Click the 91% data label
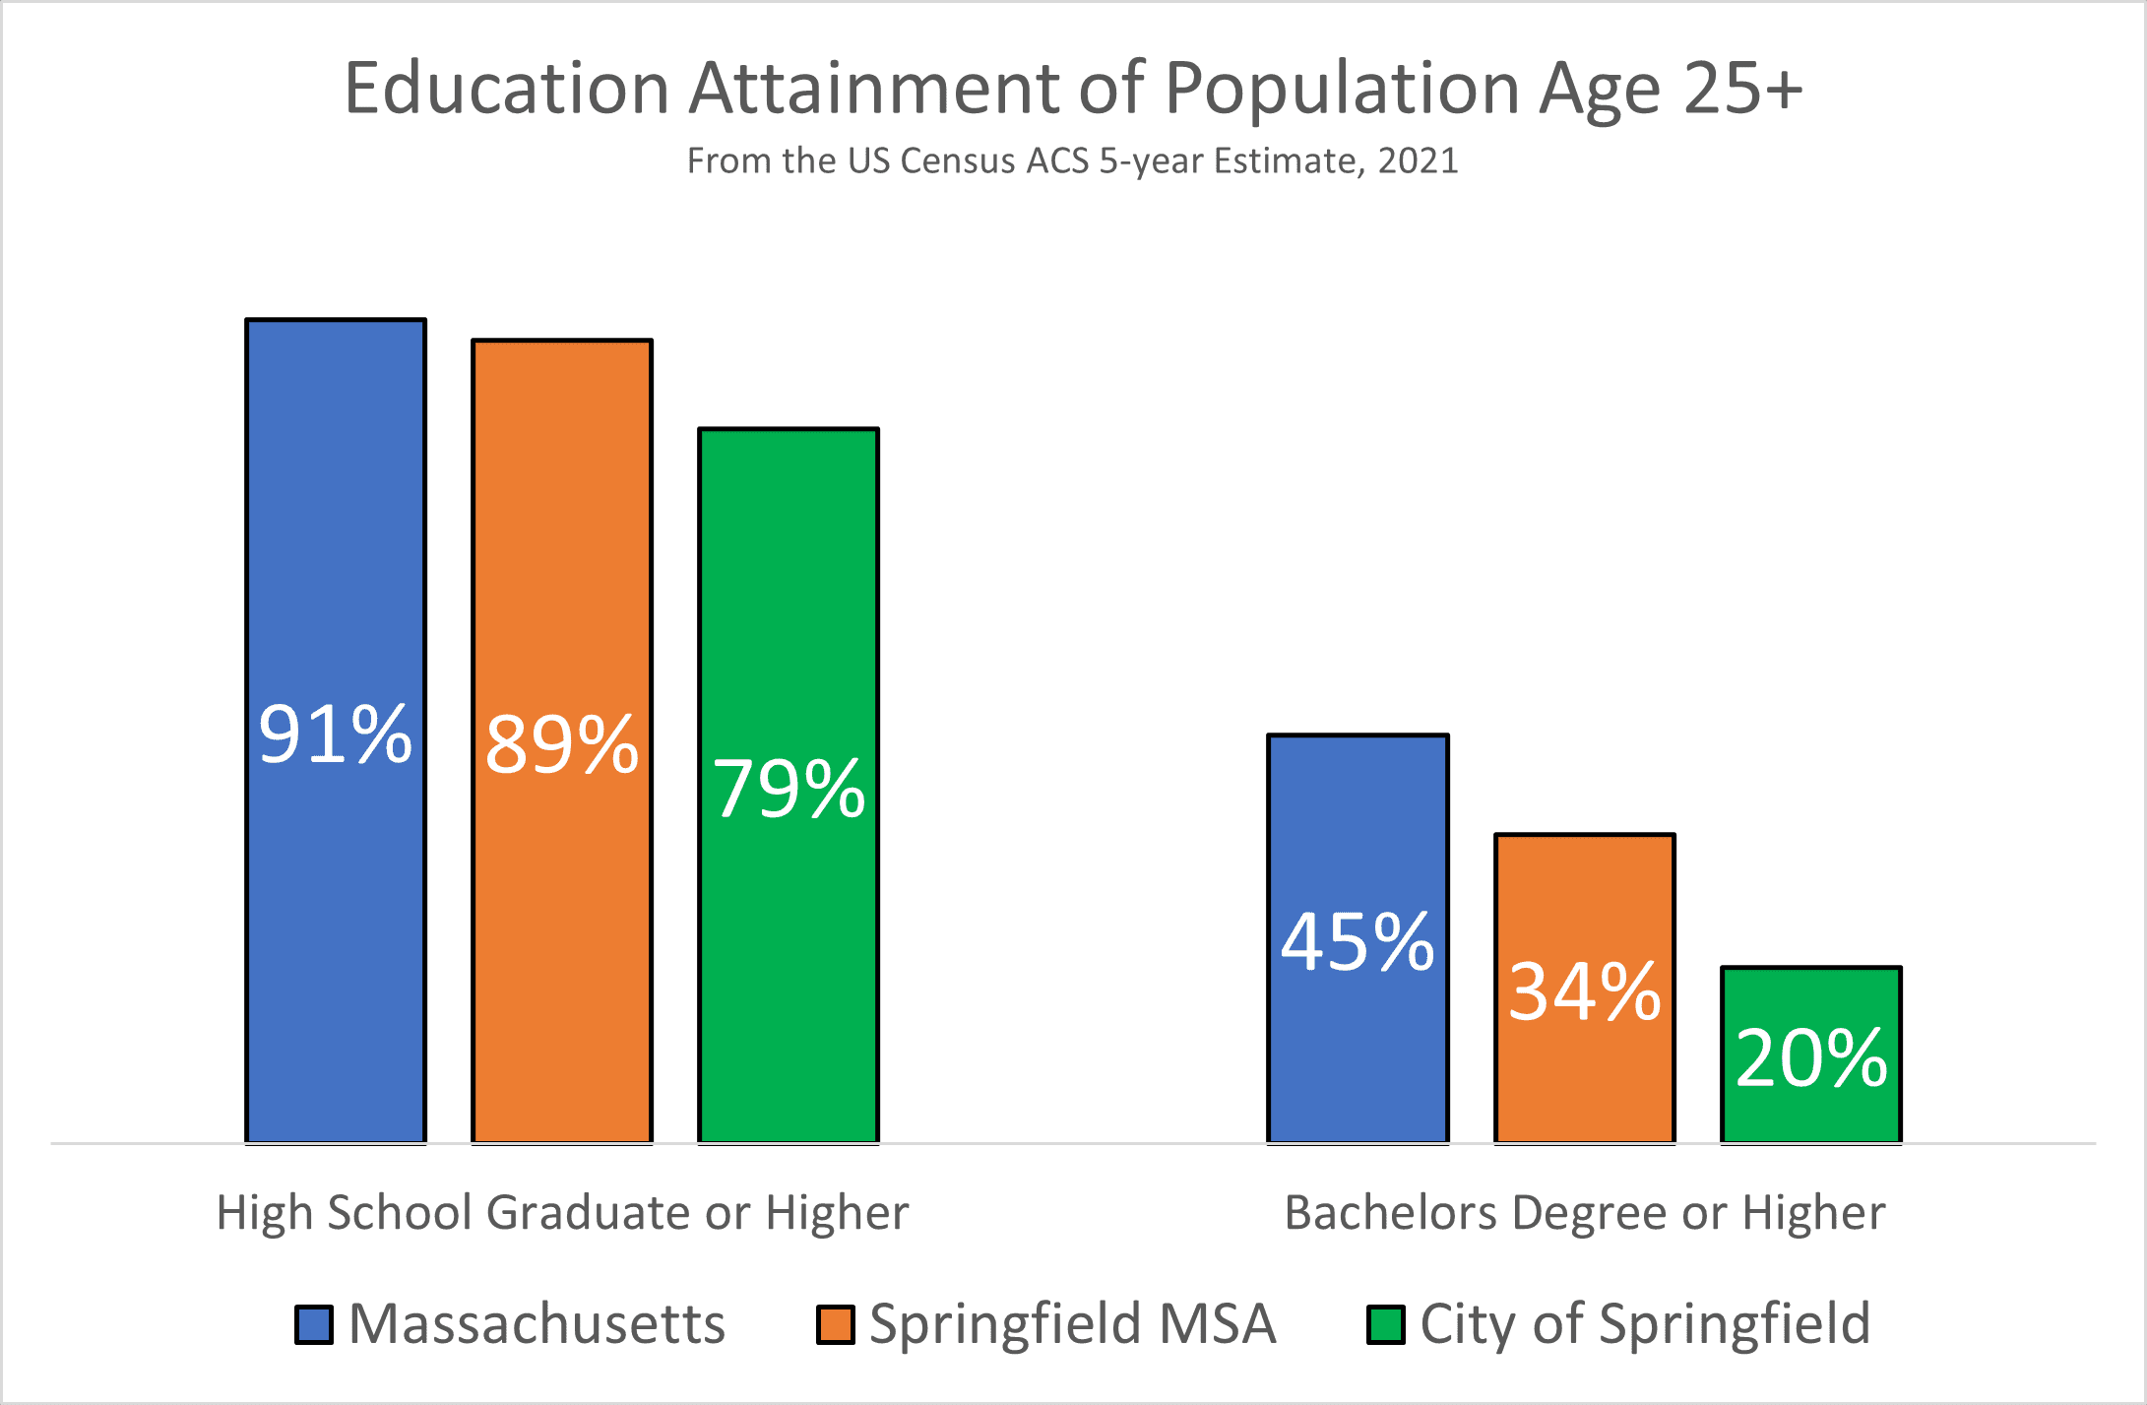(335, 734)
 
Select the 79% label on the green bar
(789, 789)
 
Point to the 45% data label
(1358, 942)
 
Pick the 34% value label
(1585, 991)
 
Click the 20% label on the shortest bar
(1811, 1058)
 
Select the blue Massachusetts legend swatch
(314, 1324)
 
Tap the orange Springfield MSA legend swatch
(835, 1324)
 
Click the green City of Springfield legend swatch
(1386, 1324)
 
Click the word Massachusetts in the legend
(537, 1323)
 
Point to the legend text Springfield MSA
(1073, 1324)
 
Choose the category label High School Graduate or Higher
(562, 1212)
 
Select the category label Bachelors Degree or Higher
(1585, 1212)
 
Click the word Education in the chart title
(507, 89)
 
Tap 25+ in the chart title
(1742, 89)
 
